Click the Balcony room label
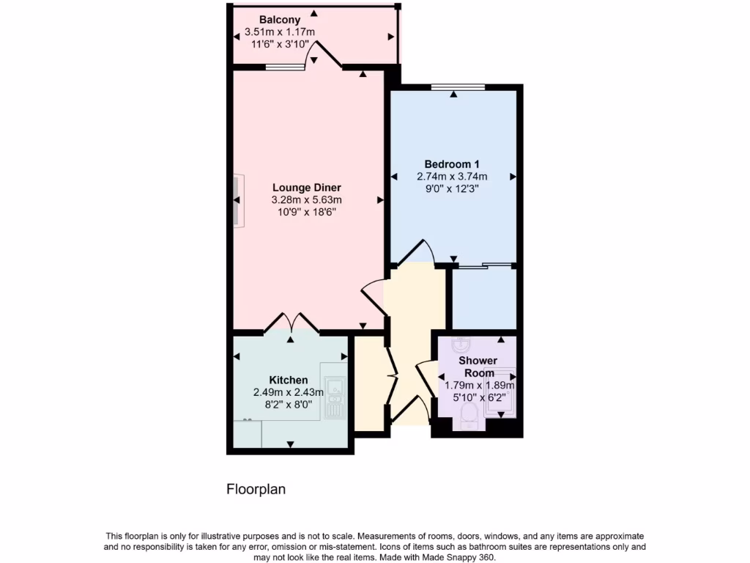coord(279,19)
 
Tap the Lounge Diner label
coord(307,187)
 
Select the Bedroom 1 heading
coord(452,163)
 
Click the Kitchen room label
coord(289,380)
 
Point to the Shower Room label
coord(478,367)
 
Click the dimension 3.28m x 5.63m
coord(307,199)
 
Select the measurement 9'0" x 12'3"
coord(452,188)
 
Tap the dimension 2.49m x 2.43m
coord(289,392)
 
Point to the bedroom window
coord(458,87)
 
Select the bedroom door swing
coord(420,251)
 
